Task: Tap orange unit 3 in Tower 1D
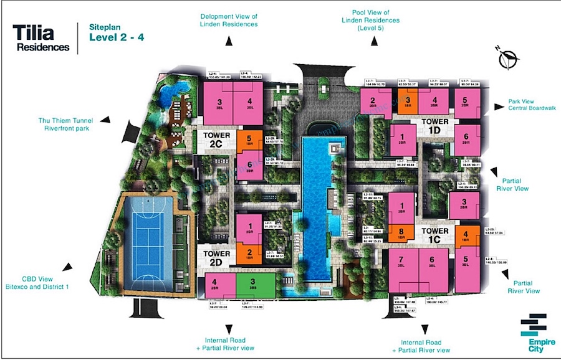pyautogui.click(x=407, y=101)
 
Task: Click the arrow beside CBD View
pyautogui.click(x=67, y=267)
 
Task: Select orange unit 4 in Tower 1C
pyautogui.click(x=465, y=237)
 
